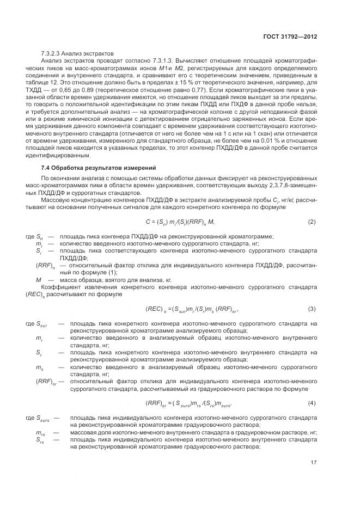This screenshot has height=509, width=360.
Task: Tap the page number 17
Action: [314, 463]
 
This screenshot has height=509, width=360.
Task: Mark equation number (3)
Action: [312, 309]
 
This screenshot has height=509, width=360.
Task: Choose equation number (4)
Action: [312, 402]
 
